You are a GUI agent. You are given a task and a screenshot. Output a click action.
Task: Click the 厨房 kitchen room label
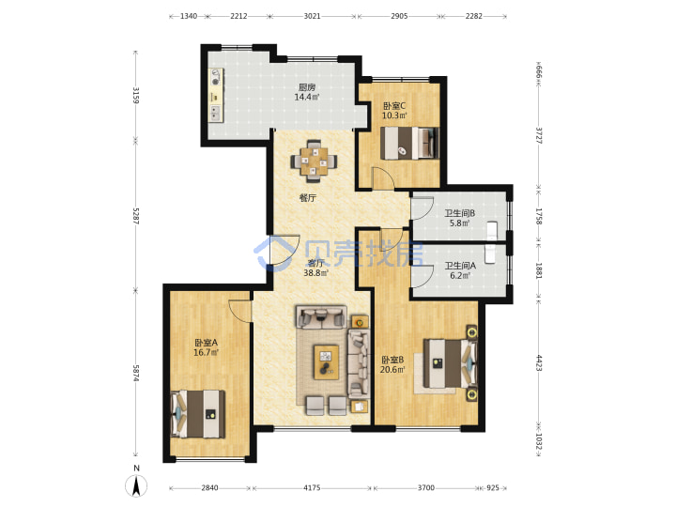307,87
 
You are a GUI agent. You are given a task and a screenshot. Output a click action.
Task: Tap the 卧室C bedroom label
394,105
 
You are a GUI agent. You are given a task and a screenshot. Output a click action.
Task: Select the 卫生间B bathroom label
459,213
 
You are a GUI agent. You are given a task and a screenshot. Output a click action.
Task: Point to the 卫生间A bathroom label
460,266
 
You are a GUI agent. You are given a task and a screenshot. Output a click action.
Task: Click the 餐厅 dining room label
308,198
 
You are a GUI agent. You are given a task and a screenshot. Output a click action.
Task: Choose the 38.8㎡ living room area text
316,273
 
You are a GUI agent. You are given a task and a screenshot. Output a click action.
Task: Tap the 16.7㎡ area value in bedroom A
206,352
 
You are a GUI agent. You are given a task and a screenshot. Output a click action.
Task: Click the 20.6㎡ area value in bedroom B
392,370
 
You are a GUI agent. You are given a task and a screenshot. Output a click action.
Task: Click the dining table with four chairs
314,161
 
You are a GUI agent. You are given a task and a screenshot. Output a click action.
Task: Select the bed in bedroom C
409,143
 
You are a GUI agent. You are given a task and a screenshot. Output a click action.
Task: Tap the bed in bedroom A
198,414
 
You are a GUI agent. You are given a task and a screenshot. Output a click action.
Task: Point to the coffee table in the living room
326,362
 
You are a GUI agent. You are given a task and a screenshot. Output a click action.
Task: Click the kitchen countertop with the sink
216,95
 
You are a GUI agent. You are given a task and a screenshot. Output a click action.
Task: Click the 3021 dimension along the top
312,16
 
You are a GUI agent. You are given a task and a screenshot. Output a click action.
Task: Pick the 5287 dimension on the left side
136,216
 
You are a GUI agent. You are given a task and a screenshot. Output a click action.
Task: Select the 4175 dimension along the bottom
312,487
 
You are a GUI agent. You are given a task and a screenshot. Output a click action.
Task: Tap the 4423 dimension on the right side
539,362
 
